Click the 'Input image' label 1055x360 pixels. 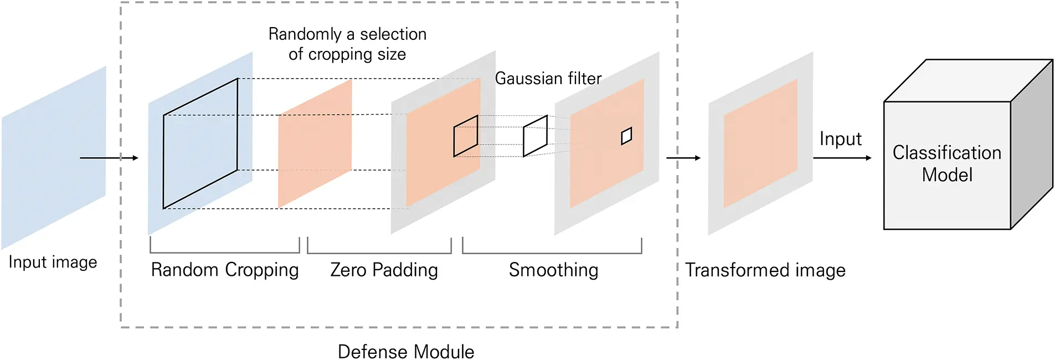point(53,262)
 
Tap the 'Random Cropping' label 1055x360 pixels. point(224,270)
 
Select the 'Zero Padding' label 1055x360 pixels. point(384,270)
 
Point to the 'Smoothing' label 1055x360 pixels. point(553,270)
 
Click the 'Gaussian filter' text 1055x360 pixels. point(548,79)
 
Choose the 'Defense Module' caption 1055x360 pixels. point(405,352)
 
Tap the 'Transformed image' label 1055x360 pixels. point(765,270)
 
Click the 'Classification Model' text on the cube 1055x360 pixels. point(946,163)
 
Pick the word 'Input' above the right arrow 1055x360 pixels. point(840,138)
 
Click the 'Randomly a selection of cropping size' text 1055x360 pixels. point(347,44)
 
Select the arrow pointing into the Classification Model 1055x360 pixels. point(842,158)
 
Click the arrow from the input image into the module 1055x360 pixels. point(109,158)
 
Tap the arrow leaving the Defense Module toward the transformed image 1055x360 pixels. point(683,158)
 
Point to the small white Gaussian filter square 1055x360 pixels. point(535,136)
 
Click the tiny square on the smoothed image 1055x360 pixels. point(626,136)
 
